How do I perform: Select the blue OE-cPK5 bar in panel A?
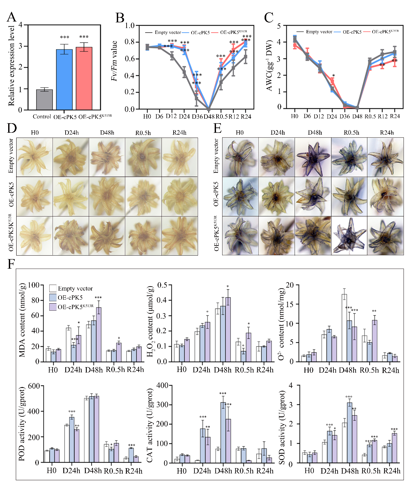click(64, 80)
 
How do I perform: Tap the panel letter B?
click(120, 18)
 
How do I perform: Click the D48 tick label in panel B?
click(209, 117)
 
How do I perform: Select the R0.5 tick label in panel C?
click(370, 116)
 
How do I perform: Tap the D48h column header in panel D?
click(107, 133)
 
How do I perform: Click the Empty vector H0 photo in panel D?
click(35, 157)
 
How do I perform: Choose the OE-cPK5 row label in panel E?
click(216, 194)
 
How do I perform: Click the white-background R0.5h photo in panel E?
click(349, 235)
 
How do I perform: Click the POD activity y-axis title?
click(22, 424)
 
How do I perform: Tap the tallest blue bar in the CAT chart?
click(223, 432)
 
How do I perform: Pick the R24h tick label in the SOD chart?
click(391, 471)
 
